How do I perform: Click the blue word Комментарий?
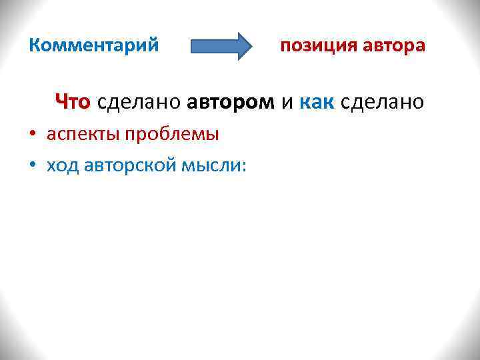(94, 46)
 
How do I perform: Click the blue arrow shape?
(221, 46)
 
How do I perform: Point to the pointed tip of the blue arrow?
(251, 46)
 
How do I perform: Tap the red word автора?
(394, 46)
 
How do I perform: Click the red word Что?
(73, 102)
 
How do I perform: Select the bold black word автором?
(231, 102)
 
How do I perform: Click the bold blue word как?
(317, 102)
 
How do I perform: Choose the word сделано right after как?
(382, 102)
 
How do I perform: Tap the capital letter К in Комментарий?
(36, 46)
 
